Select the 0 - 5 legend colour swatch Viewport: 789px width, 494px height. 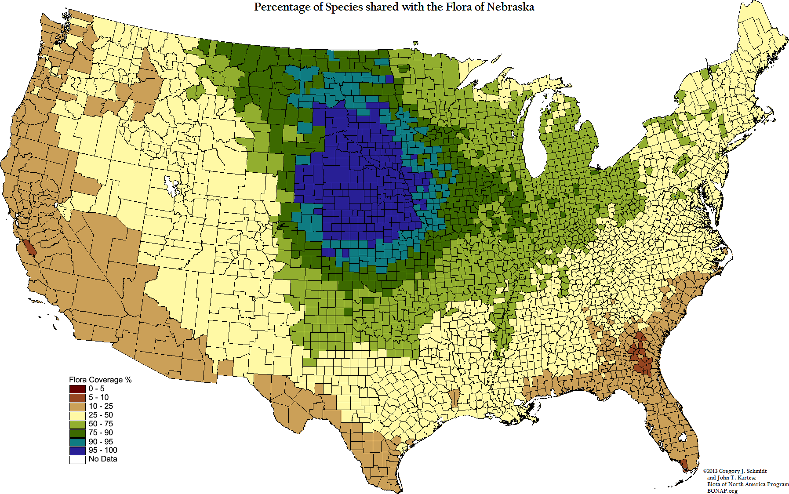[77, 389]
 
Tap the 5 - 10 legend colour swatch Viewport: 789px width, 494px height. [77, 397]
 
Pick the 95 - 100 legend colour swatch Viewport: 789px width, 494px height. [77, 450]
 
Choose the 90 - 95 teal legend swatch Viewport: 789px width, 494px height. [77, 442]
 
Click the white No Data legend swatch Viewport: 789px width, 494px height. [77, 459]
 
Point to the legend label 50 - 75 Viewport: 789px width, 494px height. [101, 424]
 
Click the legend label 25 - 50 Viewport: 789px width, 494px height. [101, 415]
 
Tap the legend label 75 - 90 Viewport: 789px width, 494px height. [101, 432]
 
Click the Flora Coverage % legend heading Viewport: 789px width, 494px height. [100, 380]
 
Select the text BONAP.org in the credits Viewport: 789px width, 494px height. [722, 490]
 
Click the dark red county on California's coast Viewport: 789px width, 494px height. [29, 248]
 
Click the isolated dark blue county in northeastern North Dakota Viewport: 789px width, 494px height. [389, 79]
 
